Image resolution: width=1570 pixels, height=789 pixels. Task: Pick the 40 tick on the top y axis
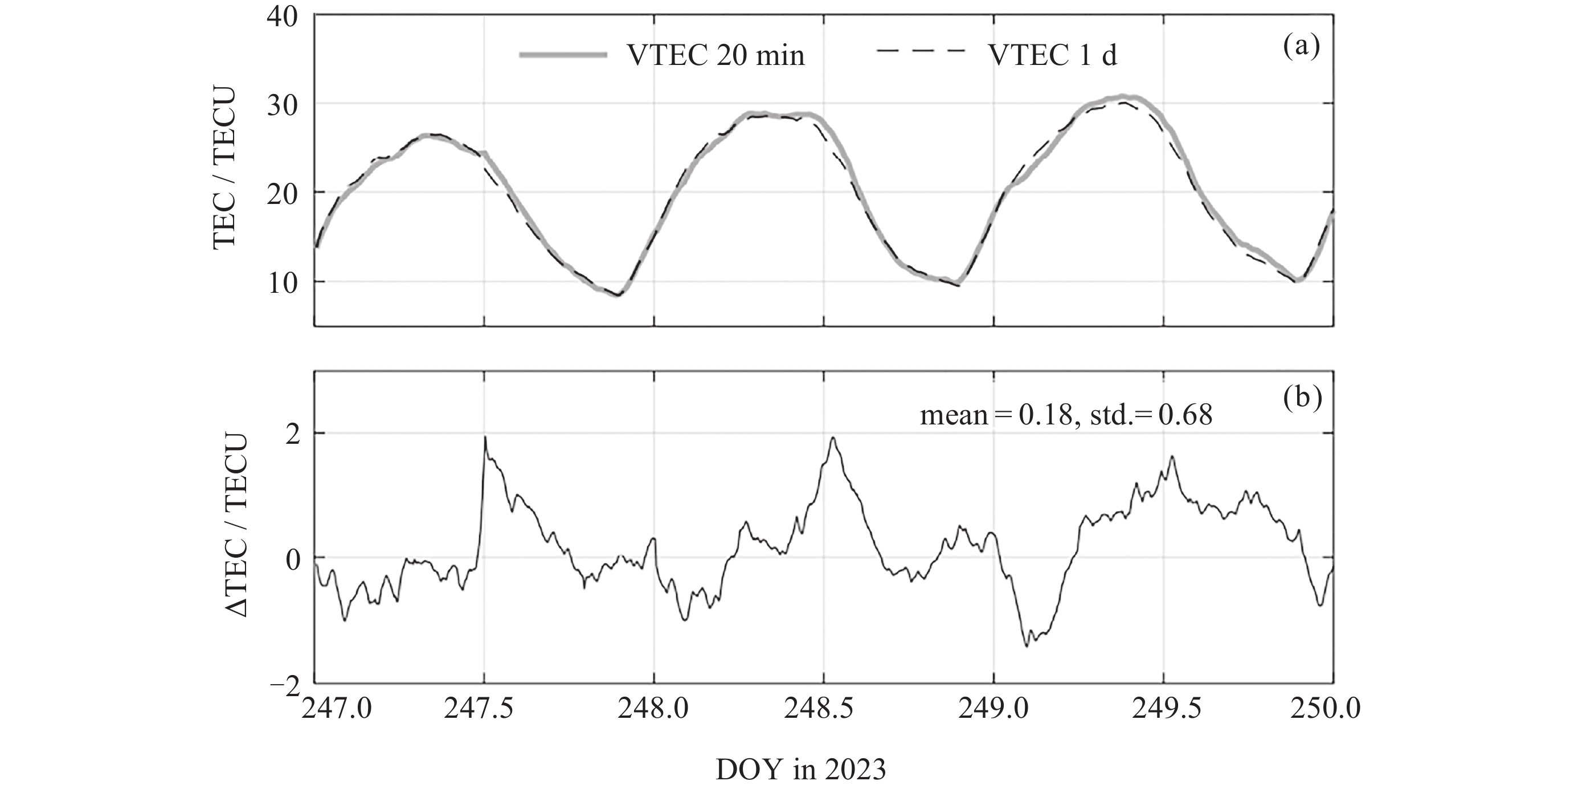(281, 17)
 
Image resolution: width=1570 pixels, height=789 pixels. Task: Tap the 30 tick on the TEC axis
(281, 105)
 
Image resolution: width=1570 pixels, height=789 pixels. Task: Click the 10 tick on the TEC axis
(281, 283)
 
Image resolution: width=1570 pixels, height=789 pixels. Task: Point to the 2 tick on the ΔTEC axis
(293, 435)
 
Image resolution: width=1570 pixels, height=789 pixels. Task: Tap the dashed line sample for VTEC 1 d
(921, 51)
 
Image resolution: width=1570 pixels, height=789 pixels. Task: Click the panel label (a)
(1301, 47)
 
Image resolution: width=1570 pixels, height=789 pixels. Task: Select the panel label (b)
(1302, 398)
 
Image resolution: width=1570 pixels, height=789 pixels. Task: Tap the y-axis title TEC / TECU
(224, 167)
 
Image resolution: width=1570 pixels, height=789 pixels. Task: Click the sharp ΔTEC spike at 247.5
(485, 438)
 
